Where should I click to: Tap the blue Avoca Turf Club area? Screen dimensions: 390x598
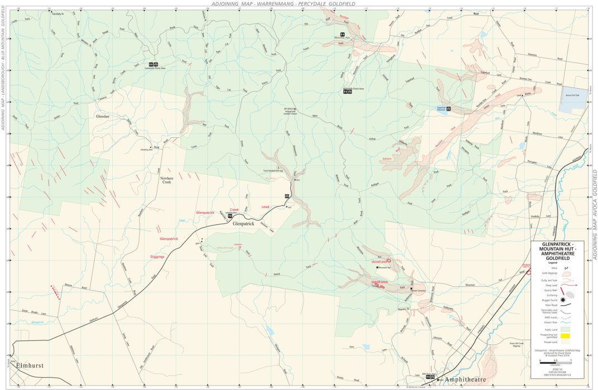[x=573, y=96]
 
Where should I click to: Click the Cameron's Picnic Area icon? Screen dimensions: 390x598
[x=152, y=64]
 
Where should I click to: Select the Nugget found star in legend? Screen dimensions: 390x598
[x=563, y=300]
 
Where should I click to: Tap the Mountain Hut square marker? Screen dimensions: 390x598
[x=376, y=268]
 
